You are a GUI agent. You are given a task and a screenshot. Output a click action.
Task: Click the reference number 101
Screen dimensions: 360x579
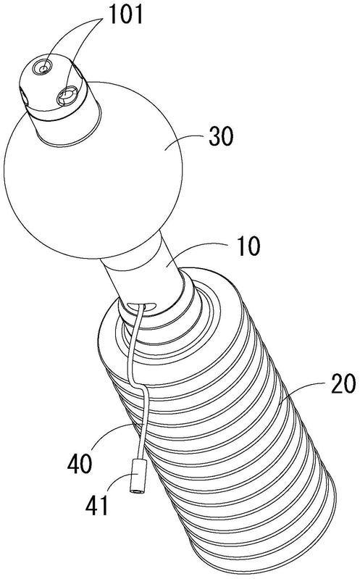125,15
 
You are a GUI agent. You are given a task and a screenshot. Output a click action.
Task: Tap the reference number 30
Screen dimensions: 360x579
221,136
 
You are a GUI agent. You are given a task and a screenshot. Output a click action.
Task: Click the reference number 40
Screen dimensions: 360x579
80,464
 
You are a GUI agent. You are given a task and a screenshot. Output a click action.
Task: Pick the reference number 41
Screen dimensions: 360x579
98,505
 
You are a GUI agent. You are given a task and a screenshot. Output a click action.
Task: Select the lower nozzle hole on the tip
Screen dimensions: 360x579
67,96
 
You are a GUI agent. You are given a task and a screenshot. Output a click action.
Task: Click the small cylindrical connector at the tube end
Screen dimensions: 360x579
138,477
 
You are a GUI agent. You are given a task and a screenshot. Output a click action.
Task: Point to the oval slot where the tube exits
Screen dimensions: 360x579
141,306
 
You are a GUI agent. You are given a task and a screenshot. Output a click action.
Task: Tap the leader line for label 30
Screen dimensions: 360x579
183,141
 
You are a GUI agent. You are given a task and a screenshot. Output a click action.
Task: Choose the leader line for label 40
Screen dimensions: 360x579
111,436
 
